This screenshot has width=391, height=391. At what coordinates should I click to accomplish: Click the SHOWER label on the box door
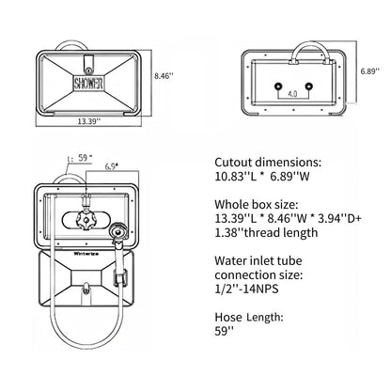[88, 83]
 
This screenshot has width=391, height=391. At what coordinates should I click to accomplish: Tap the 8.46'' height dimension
[164, 76]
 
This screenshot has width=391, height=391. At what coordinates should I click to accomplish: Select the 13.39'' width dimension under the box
[89, 121]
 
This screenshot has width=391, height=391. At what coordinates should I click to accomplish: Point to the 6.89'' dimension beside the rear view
[369, 71]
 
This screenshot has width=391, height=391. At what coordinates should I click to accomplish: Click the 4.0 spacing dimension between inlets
[292, 93]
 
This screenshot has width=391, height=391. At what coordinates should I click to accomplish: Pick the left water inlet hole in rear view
[277, 86]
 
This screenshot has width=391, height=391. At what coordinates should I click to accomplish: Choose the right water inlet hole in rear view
[308, 86]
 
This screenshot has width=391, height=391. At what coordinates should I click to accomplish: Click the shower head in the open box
[117, 232]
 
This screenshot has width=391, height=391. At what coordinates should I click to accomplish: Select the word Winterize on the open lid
[86, 254]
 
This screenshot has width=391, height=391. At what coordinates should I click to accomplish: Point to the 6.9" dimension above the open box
[111, 166]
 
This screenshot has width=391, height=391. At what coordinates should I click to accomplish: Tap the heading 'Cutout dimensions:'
[268, 163]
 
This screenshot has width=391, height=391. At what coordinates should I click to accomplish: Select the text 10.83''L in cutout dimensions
[236, 177]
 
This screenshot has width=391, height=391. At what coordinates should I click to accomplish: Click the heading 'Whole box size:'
[256, 205]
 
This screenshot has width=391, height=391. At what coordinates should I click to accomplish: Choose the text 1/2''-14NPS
[246, 289]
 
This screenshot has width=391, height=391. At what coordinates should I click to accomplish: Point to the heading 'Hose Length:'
[249, 318]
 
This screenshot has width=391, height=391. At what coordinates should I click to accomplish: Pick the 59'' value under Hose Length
[224, 331]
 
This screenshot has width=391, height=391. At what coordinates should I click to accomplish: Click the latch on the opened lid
[86, 289]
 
